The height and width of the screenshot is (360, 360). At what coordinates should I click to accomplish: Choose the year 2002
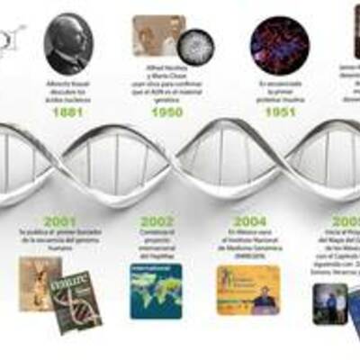click(157, 221)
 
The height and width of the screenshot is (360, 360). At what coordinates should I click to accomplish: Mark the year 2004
click(249, 221)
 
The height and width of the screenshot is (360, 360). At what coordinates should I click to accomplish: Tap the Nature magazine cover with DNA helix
click(76, 301)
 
